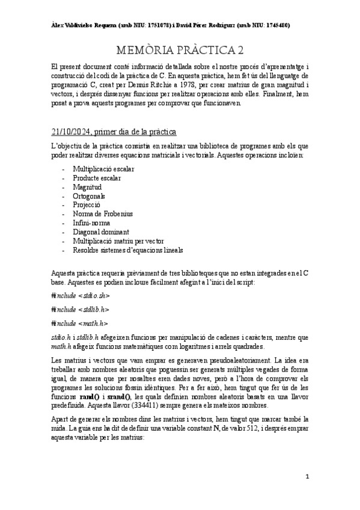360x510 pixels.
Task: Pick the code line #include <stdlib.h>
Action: point(80,310)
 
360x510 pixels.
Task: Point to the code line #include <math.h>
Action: point(79,324)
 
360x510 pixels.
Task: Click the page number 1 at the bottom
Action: point(307,477)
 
